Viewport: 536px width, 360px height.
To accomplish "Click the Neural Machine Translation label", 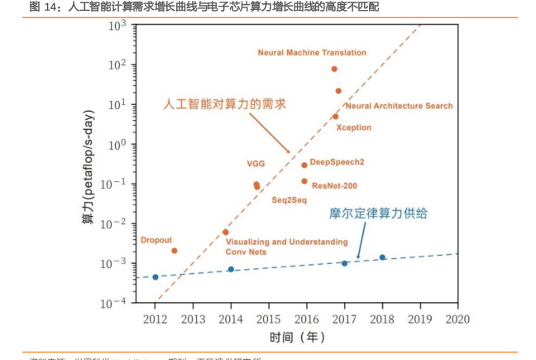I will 312,53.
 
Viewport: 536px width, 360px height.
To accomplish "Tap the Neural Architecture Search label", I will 399,106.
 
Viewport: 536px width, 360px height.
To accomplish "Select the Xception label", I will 354,127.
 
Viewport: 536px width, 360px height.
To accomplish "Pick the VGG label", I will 256,163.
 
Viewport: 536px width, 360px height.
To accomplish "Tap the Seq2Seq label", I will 290,200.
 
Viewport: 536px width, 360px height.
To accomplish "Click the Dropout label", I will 156,240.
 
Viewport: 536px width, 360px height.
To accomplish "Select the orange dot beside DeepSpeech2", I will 304,165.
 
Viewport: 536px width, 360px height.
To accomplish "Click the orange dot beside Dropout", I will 175,251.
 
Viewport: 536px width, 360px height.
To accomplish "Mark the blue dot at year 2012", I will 156,277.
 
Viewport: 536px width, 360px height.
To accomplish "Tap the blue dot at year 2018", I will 382,257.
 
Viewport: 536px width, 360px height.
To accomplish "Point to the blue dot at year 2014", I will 231,270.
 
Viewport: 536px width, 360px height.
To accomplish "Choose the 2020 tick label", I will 457,319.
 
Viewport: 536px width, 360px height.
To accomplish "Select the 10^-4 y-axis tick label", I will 114,303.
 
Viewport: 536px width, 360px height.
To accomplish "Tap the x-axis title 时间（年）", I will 297,338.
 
